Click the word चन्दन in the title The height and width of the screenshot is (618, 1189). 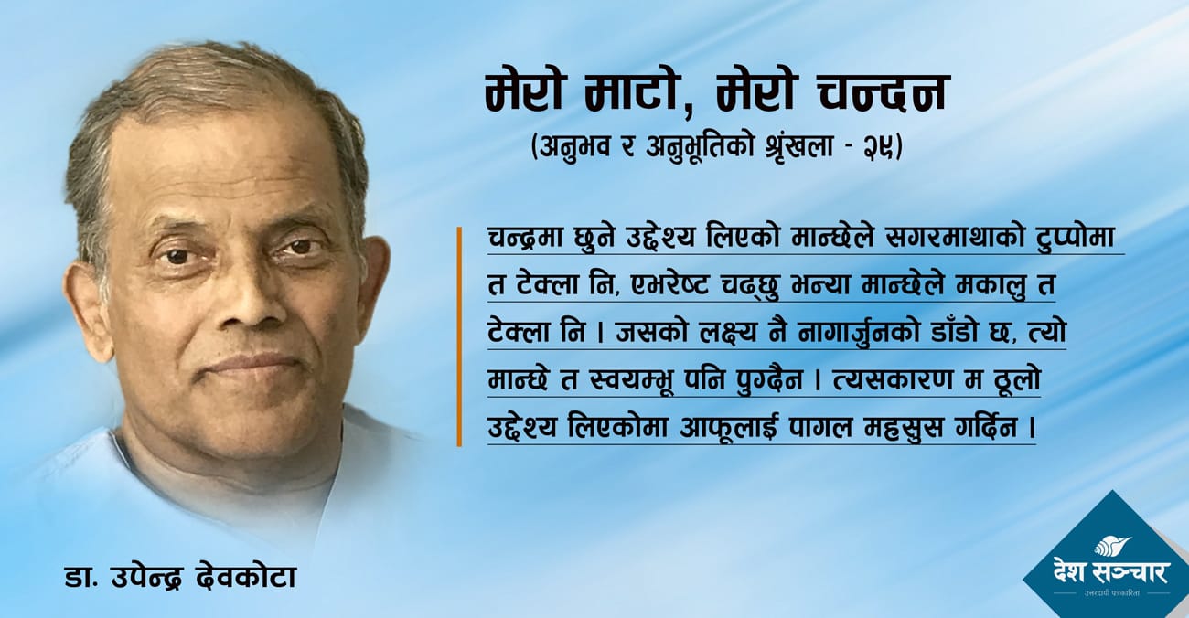(x=882, y=93)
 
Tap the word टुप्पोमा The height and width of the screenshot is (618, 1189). (x=1079, y=239)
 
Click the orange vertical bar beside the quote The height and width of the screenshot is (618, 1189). (x=459, y=336)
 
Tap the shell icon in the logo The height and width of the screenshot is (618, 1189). (x=1112, y=546)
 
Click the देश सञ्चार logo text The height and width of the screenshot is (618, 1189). (x=1112, y=573)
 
